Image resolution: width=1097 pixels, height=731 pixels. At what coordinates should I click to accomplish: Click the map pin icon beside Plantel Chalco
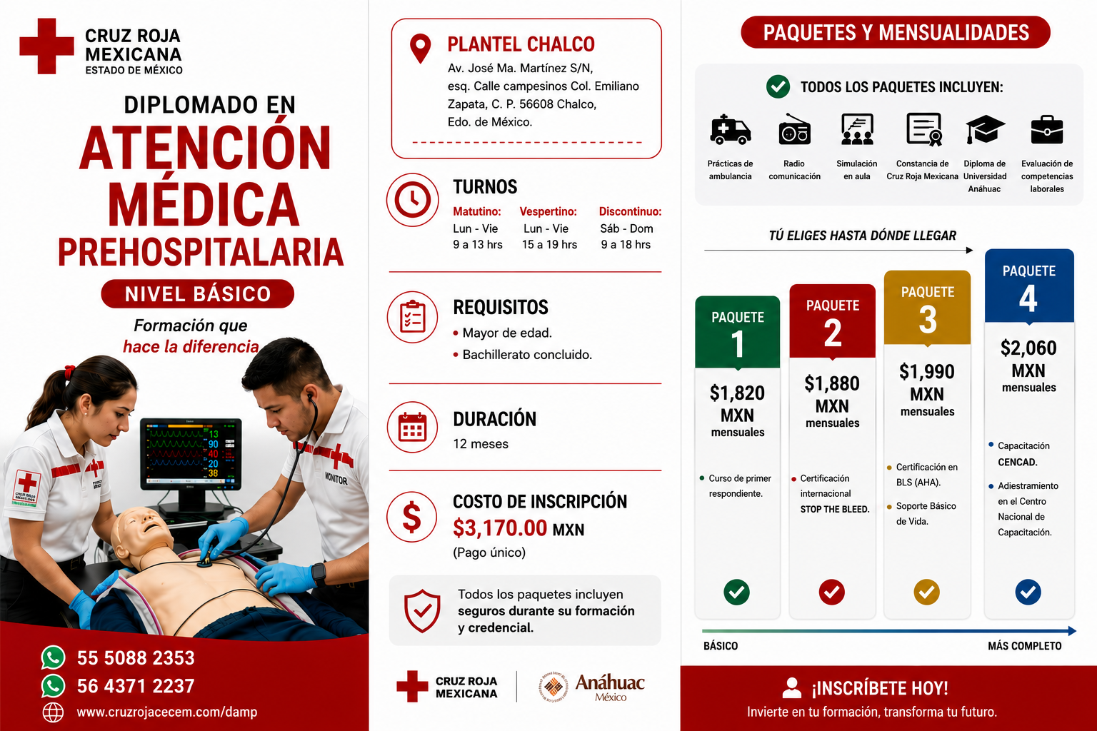(420, 49)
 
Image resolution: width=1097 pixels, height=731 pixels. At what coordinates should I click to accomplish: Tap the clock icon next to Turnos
(412, 200)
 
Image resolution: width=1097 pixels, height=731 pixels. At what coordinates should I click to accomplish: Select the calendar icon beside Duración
(412, 427)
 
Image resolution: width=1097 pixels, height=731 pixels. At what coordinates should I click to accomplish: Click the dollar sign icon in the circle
(411, 517)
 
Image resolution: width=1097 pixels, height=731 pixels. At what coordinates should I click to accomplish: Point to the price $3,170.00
(500, 528)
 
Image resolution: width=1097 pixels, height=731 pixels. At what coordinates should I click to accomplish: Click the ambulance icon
(730, 130)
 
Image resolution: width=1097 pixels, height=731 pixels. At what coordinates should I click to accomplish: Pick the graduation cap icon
(985, 129)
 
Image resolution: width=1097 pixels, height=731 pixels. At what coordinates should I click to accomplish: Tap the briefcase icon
(1047, 130)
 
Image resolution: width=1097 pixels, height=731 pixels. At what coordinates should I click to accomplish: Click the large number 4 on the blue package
(1028, 298)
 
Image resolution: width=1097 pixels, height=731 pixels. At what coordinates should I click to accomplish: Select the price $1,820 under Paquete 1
(737, 393)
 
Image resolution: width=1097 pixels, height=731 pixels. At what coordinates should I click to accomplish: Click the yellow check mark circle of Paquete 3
(926, 592)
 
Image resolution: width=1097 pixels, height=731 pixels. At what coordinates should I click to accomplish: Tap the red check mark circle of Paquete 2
(831, 592)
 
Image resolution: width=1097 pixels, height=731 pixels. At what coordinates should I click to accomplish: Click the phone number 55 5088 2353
(136, 658)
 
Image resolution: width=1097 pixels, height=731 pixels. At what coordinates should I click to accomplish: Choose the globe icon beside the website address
(53, 712)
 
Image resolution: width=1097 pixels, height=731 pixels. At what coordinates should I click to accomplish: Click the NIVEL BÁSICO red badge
(197, 294)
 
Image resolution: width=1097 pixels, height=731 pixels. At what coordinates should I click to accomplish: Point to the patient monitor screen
(191, 453)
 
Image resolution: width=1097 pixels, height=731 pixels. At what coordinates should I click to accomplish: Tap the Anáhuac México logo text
(610, 686)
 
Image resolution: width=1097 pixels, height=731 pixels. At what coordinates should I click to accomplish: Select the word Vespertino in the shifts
(548, 211)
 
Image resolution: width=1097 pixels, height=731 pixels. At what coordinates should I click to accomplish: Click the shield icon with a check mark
(421, 610)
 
